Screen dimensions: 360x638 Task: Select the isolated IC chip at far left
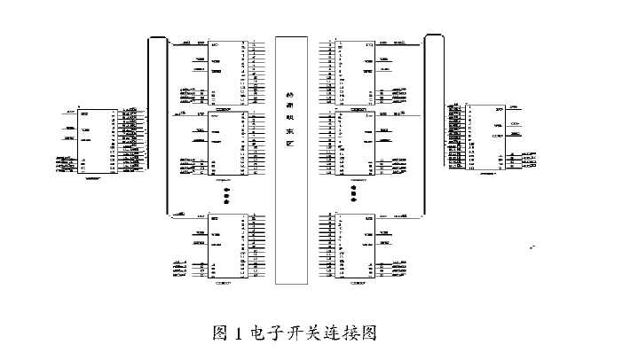click(x=94, y=141)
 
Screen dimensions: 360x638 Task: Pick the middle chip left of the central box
click(x=222, y=144)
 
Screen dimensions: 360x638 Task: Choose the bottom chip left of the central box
click(x=222, y=247)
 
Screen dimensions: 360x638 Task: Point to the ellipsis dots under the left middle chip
click(x=226, y=195)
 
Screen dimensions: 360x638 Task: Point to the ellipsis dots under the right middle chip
click(x=353, y=195)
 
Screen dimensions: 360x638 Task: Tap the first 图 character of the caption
click(x=221, y=334)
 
